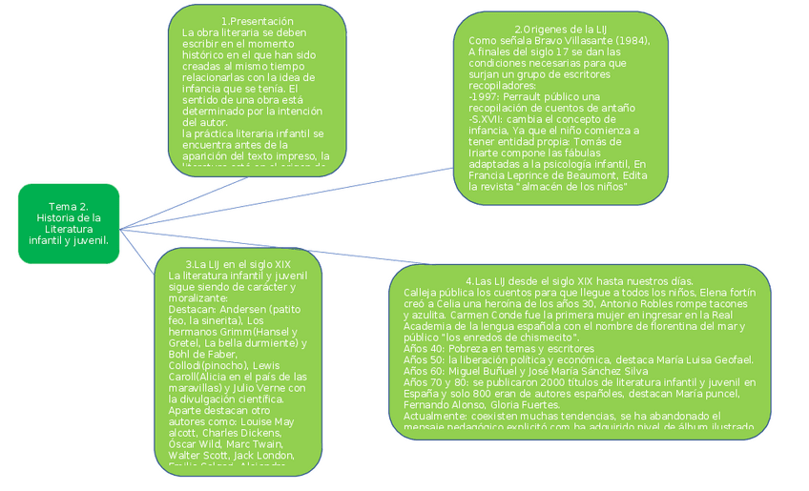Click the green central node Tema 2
coord(68,224)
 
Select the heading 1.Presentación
coord(257,21)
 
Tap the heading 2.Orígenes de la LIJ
coord(560,30)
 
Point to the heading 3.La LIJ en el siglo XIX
coord(239,264)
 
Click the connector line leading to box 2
coord(286,198)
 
